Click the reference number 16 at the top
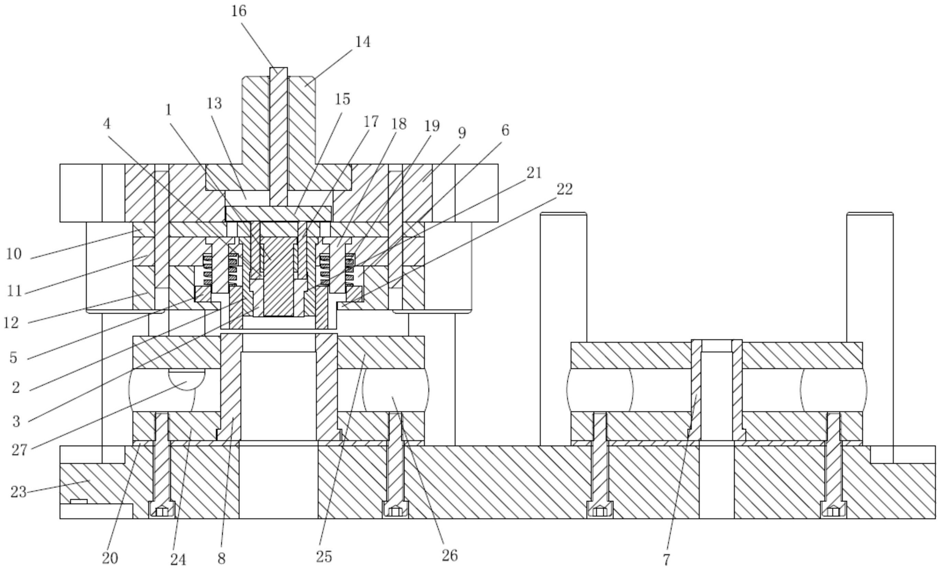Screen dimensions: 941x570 tap(239, 11)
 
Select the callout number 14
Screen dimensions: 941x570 tap(362, 42)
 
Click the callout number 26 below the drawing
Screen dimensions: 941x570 tap(449, 556)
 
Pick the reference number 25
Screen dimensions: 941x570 tap(324, 557)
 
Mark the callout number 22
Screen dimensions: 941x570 tap(565, 189)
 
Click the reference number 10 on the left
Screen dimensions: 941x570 tap(14, 253)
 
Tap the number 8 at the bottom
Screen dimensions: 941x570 tap(222, 559)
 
